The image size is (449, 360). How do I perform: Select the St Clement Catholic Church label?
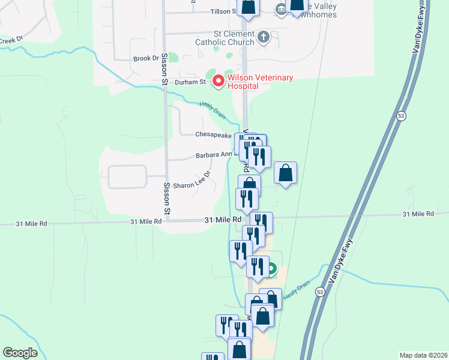click(224, 38)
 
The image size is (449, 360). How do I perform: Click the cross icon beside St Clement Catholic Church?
click(263, 38)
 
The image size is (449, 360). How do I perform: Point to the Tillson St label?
click(224, 11)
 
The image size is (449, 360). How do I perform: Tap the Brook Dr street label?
click(146, 58)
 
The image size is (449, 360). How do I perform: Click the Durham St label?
click(191, 82)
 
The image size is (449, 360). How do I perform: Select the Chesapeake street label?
click(213, 135)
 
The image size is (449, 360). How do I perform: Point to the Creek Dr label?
click(11, 40)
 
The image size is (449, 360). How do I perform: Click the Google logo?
click(20, 353)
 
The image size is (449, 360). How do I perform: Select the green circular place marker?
click(271, 270)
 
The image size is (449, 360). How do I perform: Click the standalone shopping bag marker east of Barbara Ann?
click(286, 173)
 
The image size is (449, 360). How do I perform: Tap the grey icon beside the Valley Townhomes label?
click(280, 9)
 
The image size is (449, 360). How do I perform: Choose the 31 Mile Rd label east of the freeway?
click(418, 214)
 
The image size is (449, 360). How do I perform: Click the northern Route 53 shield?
click(401, 115)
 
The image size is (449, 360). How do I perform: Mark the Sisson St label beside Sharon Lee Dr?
click(167, 198)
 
